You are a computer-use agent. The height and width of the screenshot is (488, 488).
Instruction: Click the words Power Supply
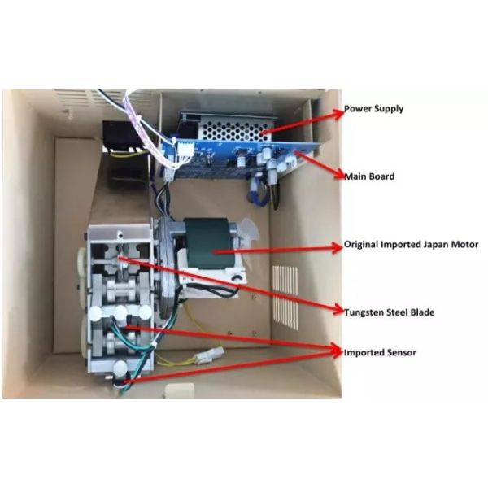pos(373,108)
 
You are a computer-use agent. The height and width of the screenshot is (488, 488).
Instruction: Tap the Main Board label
pos(369,176)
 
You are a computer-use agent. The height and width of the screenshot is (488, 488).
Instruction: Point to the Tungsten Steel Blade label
pos(389,312)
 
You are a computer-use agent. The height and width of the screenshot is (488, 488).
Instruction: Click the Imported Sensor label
pos(378,352)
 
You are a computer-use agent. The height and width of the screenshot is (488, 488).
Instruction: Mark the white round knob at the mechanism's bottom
pos(120,368)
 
